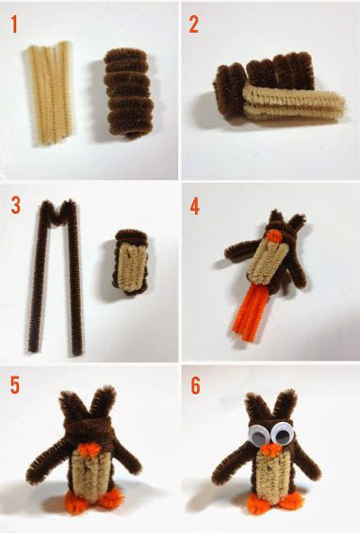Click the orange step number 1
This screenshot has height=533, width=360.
pos(14,24)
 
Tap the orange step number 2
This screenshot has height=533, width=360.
pos(193,24)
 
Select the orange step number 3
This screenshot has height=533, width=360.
pos(16,205)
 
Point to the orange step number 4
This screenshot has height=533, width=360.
pos(195,206)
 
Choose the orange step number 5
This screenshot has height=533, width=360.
pos(15,385)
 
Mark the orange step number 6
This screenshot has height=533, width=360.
pos(196,385)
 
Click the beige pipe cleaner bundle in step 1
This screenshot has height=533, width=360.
pos(50,92)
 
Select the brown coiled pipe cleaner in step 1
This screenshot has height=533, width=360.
pos(128,93)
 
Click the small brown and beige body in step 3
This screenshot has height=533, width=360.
pos(132,262)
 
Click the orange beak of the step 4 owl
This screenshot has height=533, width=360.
pos(274,235)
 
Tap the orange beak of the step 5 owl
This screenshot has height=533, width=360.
pos(90,450)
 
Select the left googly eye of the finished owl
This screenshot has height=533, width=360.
pos(258,434)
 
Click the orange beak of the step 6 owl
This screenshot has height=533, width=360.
pos(271,449)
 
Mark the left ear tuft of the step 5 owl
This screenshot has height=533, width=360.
pos(73,405)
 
